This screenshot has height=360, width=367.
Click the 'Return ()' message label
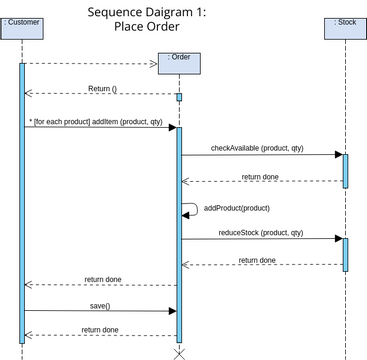[102, 88]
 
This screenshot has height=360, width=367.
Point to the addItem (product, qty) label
[97, 121]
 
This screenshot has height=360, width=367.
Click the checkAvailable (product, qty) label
[257, 148]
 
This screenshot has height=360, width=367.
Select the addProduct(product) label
[237, 208]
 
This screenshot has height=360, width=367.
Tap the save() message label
[100, 305]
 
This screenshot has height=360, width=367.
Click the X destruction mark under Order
[179, 353]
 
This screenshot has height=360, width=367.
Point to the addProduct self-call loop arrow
[189, 209]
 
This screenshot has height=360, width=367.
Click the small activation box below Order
[179, 97]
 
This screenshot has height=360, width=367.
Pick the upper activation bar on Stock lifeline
[345, 170]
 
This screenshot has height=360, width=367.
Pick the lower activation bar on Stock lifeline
[345, 254]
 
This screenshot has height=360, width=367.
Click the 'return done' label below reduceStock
[257, 260]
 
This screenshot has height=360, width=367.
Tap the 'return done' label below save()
[100, 329]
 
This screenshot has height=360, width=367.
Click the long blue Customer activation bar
[22, 200]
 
